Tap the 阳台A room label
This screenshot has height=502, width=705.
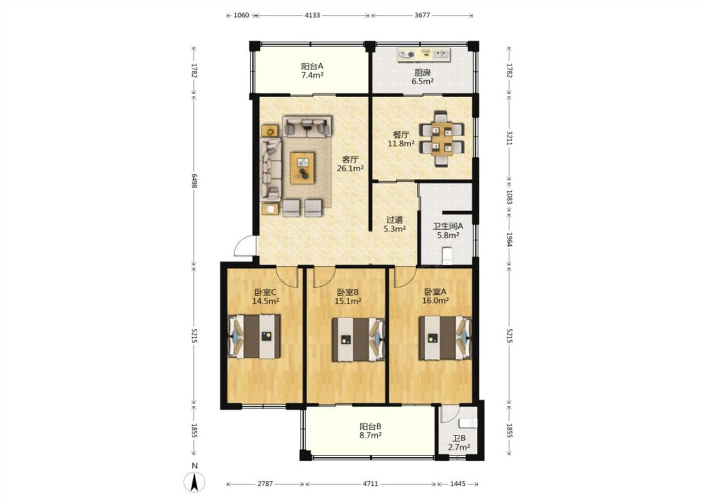point(312,66)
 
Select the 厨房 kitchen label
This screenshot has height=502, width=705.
point(422,72)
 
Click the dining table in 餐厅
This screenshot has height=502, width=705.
point(442,139)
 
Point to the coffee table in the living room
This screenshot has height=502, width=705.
point(302,168)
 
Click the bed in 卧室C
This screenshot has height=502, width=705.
point(254,337)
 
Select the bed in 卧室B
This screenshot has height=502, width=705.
point(358,340)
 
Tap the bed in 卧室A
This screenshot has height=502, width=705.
point(445,338)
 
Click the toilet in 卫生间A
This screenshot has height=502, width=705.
point(447,256)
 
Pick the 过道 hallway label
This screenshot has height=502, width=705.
point(395,220)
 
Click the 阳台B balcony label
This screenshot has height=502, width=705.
point(370,426)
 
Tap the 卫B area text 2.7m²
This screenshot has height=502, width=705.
point(459,447)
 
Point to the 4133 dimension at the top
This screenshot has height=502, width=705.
point(313,15)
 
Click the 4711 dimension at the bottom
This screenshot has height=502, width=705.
point(370,484)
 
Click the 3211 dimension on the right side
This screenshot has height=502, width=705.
point(509,138)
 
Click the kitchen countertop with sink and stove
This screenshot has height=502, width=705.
point(424,55)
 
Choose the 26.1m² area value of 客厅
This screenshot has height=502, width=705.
point(350,168)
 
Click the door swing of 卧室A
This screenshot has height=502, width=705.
point(402,278)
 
